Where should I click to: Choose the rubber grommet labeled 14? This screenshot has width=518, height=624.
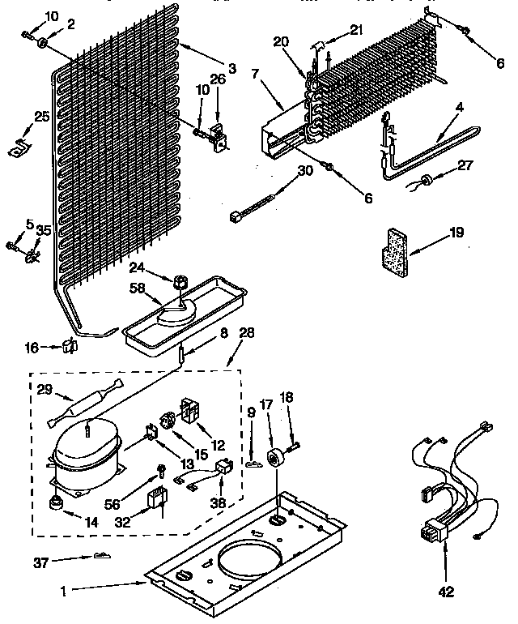[56, 505]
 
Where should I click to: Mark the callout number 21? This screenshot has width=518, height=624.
[356, 30]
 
